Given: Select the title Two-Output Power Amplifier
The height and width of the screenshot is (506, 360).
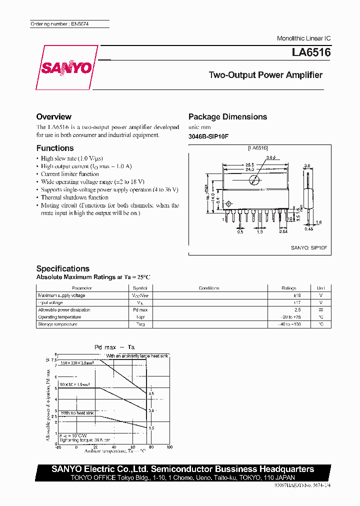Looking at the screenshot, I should (x=265, y=75).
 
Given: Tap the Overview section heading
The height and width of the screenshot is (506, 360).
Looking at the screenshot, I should (x=53, y=116).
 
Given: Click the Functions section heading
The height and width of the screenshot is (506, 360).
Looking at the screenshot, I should (x=55, y=148).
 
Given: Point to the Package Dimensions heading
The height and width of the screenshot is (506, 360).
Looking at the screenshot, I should (x=227, y=116).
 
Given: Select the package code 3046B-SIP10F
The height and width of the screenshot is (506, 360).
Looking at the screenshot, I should (x=208, y=136).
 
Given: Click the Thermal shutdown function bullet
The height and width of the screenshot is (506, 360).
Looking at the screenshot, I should (x=74, y=197).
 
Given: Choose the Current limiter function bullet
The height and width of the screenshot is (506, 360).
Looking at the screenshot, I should (x=70, y=174).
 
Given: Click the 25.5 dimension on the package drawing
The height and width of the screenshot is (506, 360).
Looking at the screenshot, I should (x=249, y=164).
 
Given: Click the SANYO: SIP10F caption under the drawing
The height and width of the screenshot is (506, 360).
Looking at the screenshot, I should (x=308, y=247).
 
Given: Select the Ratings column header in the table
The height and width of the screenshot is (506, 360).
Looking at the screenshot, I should (x=289, y=288).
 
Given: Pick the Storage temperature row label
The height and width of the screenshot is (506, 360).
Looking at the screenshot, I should (x=57, y=324).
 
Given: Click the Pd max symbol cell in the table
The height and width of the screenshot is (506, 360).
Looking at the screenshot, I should (x=139, y=310).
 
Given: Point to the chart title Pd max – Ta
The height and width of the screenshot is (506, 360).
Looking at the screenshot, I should (x=114, y=347).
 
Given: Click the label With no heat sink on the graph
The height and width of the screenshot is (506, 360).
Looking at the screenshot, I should (x=77, y=413).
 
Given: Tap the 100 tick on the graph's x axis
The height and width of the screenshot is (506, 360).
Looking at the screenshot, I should (x=169, y=447).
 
